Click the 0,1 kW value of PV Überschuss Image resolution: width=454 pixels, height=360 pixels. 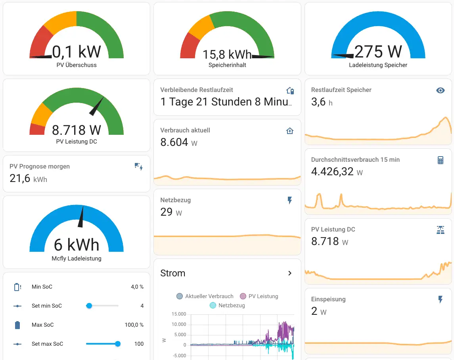(x=77, y=52)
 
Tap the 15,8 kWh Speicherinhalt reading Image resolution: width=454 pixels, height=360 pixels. (x=227, y=54)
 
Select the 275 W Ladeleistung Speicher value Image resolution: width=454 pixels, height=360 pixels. (x=378, y=52)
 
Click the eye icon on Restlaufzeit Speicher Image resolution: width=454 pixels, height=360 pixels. (x=440, y=90)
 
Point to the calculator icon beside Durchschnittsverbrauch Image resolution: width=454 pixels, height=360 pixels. (x=440, y=160)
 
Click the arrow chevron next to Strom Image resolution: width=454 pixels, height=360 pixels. (x=290, y=273)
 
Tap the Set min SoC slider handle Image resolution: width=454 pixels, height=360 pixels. (x=89, y=306)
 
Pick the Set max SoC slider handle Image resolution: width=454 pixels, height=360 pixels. (x=118, y=344)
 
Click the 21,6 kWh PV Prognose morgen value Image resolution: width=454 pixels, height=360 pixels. (x=20, y=178)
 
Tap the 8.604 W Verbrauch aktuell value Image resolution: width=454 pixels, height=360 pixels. (x=174, y=142)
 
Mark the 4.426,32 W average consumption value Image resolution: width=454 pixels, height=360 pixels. (x=332, y=172)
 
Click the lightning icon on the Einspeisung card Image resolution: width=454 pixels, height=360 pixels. (x=440, y=300)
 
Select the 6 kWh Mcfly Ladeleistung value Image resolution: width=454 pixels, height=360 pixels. (x=77, y=245)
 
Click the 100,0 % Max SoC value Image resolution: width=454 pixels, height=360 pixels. (x=134, y=325)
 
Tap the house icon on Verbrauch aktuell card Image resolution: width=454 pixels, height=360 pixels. (x=290, y=131)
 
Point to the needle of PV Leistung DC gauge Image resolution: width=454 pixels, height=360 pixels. (x=98, y=106)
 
